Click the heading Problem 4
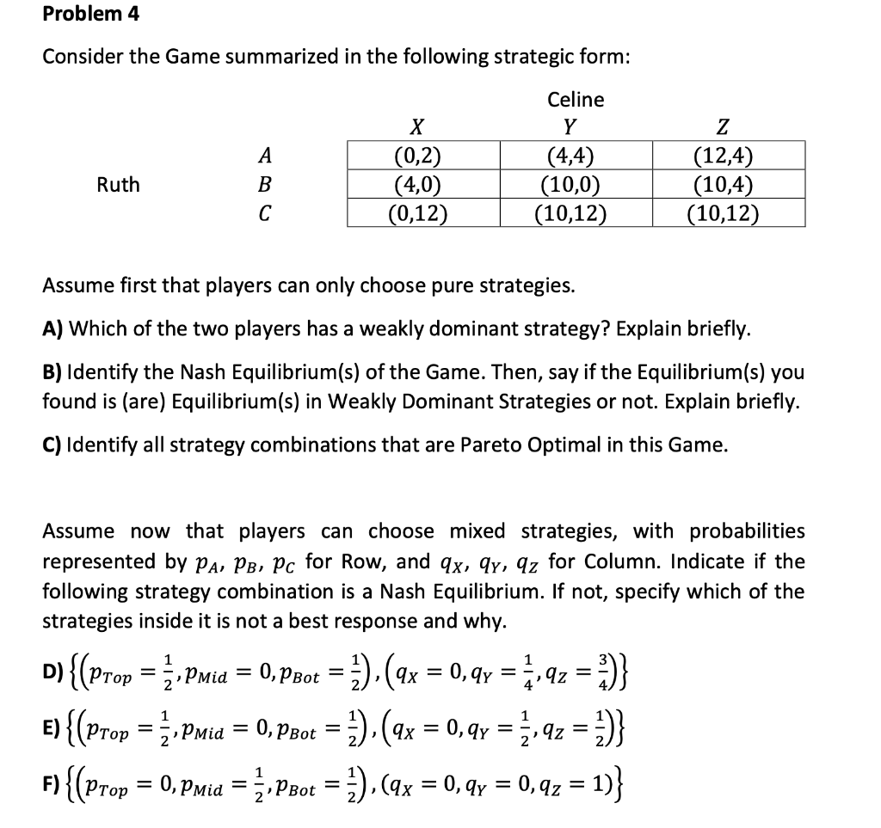(90, 15)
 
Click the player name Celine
(576, 100)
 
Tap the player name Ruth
(119, 185)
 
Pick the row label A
(265, 156)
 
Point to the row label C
(265, 212)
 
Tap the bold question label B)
(52, 374)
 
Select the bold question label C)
(52, 445)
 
